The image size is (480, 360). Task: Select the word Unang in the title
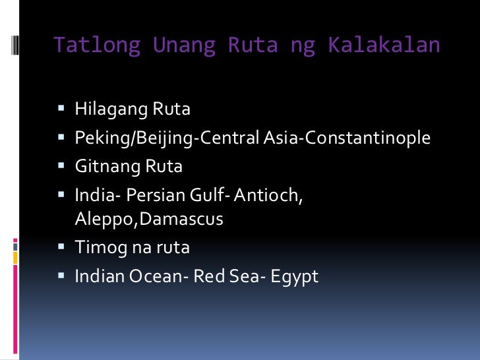click(x=184, y=45)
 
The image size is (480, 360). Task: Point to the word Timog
click(x=95, y=248)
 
